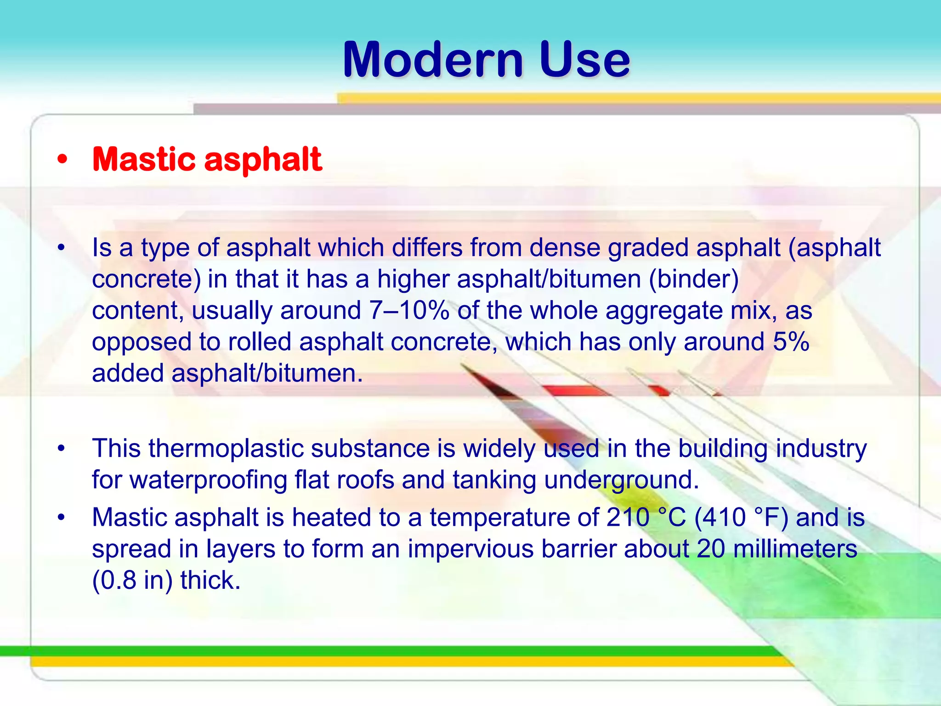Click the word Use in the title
click(x=584, y=60)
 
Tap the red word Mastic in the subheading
click(x=144, y=159)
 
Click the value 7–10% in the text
click(x=409, y=311)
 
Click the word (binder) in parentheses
click(x=694, y=279)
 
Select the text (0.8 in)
click(x=132, y=580)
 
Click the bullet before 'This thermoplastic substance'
click(x=62, y=449)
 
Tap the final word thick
click(x=210, y=580)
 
